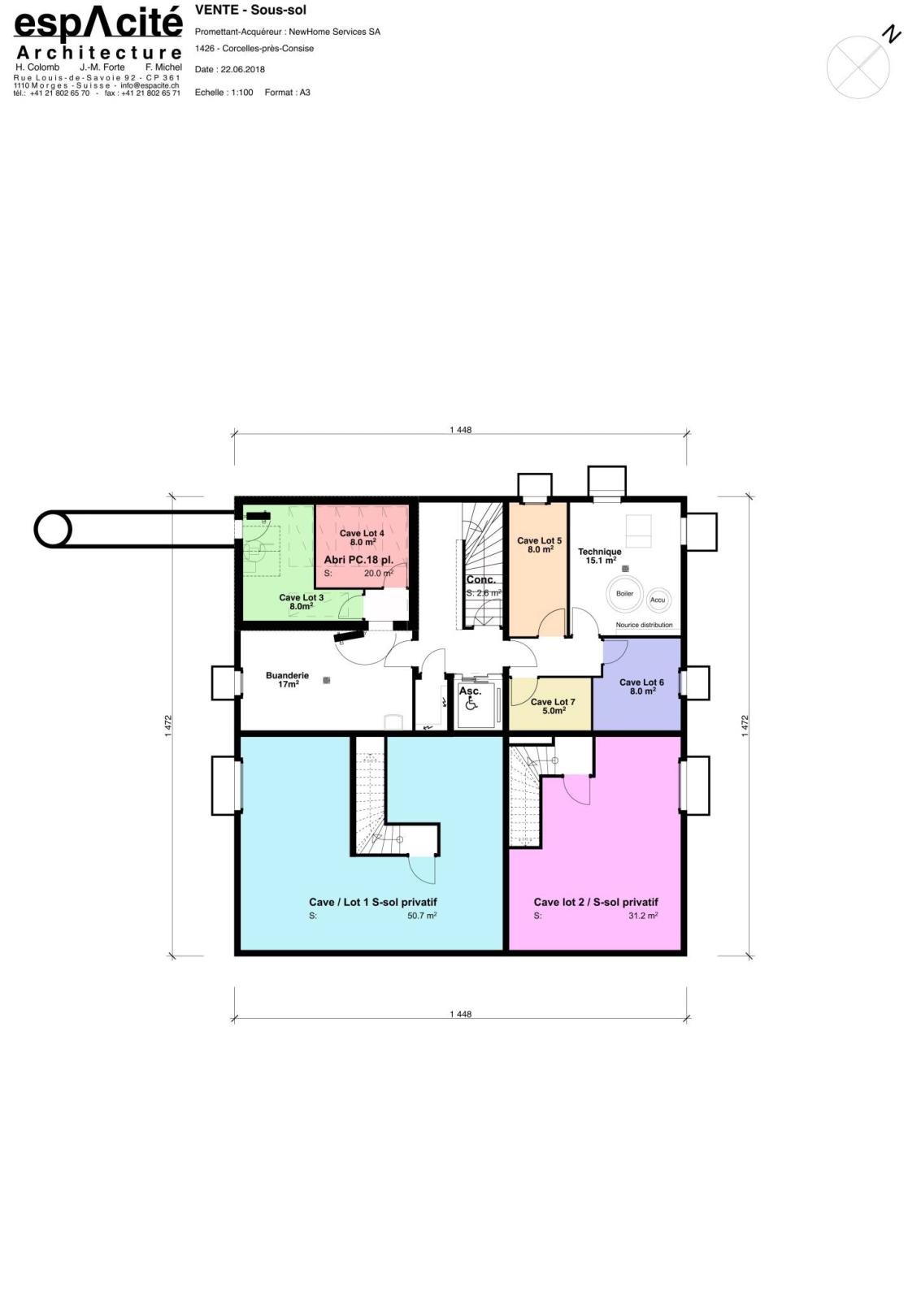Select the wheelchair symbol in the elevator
[x=471, y=704]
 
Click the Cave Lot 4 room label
[x=361, y=533]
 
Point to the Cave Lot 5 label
[x=539, y=540]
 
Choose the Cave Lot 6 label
[x=641, y=682]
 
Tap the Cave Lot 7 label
[x=552, y=702]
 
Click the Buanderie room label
[x=287, y=675]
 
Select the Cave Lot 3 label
[x=301, y=597]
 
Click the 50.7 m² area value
[x=422, y=915]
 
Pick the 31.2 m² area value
[x=643, y=915]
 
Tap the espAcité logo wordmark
[x=98, y=24]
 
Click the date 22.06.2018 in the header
[x=242, y=69]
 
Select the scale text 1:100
[x=241, y=93]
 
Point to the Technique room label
[x=599, y=552]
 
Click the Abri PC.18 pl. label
[x=358, y=560]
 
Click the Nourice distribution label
[x=643, y=625]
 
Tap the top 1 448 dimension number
[x=460, y=430]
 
